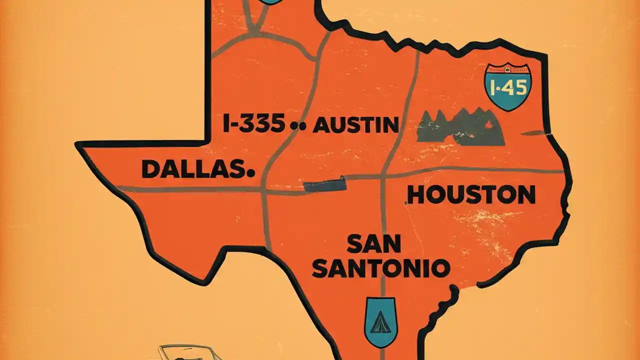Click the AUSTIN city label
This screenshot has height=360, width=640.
(x=355, y=124)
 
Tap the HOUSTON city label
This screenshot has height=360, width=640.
(x=471, y=194)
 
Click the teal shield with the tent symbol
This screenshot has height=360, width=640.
(x=380, y=322)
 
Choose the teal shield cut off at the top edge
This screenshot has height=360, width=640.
(x=270, y=1)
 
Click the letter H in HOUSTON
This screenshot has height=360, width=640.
(x=416, y=194)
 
